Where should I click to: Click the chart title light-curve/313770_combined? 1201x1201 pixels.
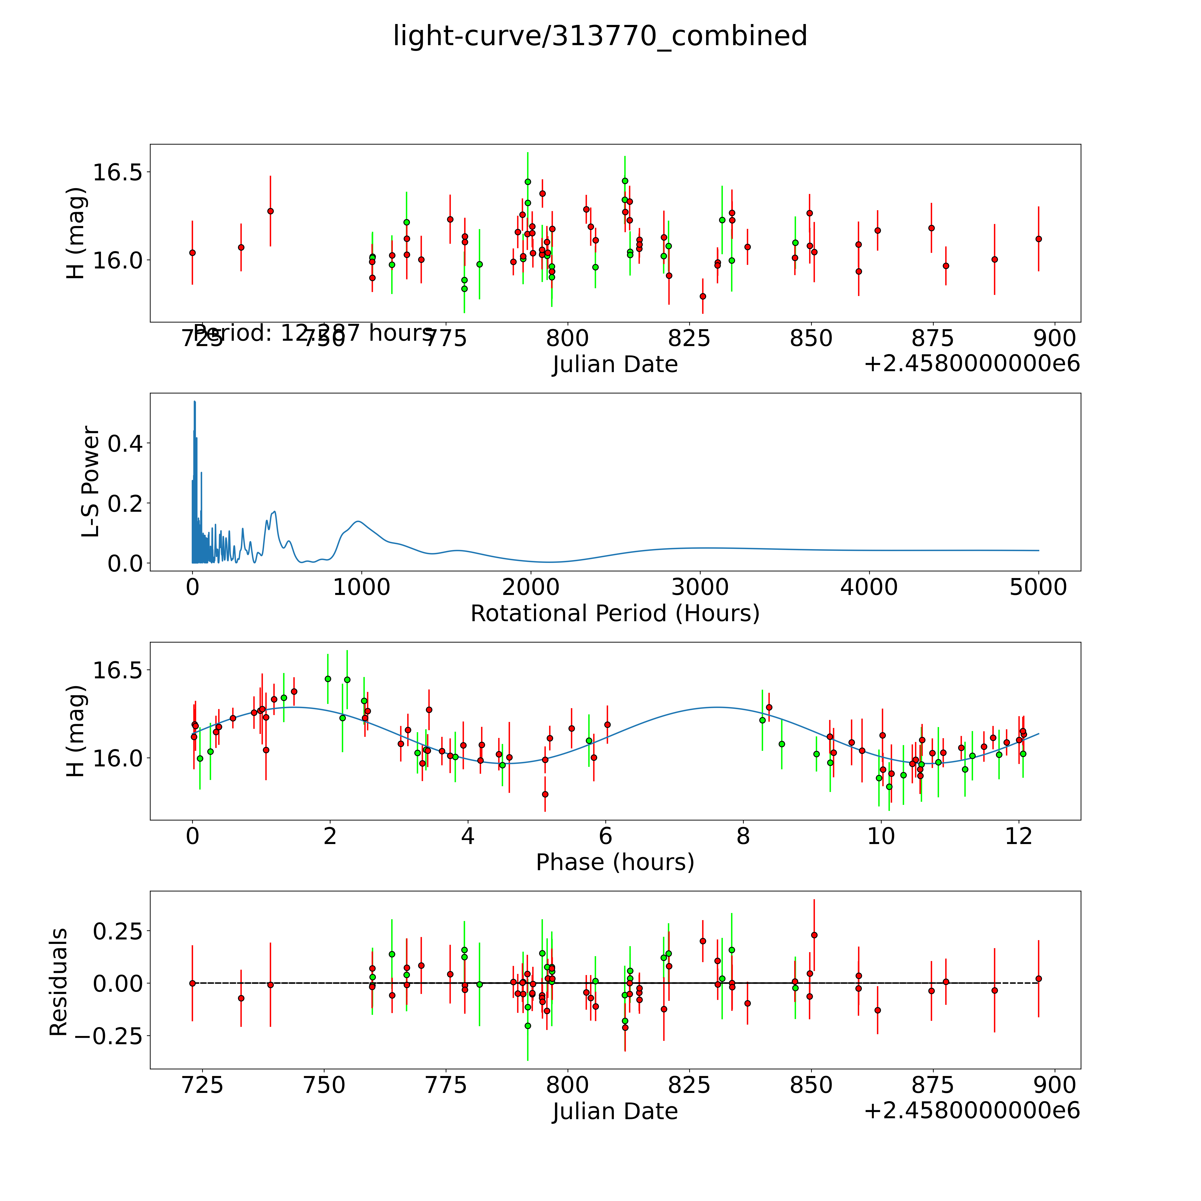point(600,36)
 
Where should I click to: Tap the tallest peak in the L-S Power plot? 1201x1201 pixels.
point(195,402)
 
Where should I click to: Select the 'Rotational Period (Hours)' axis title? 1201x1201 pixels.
point(615,614)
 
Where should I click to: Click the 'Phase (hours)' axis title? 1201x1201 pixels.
point(615,862)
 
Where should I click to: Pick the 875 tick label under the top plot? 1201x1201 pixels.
point(932,339)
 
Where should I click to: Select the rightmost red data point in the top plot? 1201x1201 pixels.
point(1038,239)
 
